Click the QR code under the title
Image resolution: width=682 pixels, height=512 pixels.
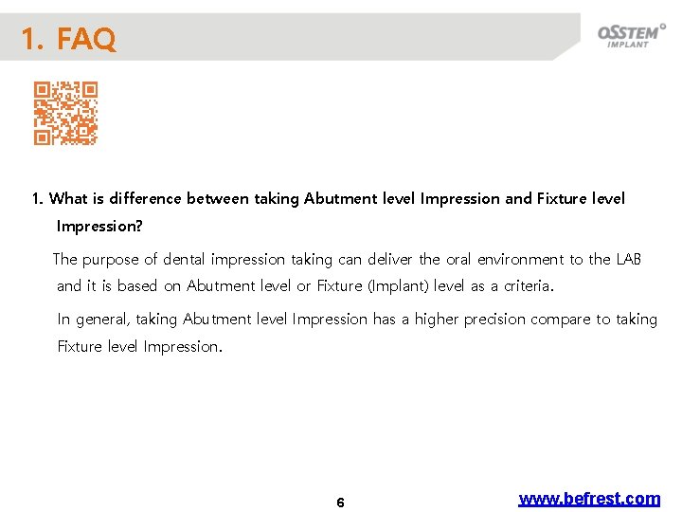click(x=65, y=113)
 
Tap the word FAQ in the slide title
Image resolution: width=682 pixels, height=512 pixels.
click(x=86, y=40)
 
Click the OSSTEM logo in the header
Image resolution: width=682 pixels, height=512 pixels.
click(x=630, y=36)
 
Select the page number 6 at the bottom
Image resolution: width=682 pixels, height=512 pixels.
click(x=340, y=503)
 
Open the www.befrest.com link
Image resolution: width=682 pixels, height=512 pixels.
click(x=589, y=499)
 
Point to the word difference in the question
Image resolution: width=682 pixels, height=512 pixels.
click(x=146, y=199)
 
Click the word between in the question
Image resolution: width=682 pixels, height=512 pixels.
click(x=218, y=199)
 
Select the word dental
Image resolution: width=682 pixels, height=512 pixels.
click(x=185, y=259)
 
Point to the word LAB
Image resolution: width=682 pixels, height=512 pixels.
click(x=628, y=259)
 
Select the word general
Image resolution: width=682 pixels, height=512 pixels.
click(x=100, y=320)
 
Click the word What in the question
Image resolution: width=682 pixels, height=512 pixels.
click(x=68, y=199)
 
